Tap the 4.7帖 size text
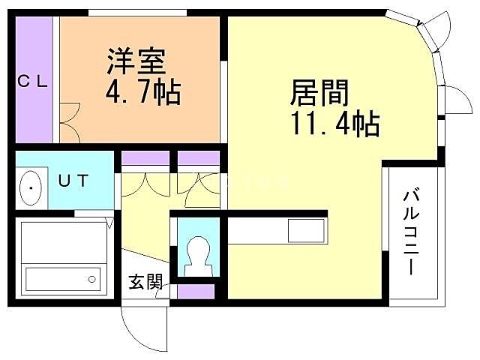click(142, 93)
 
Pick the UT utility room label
click(73, 181)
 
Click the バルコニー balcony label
click(412, 232)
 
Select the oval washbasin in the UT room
click(31, 186)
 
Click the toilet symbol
click(198, 252)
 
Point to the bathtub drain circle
click(91, 279)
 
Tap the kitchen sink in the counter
click(306, 229)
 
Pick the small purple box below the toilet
click(194, 291)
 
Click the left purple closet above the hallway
click(145, 157)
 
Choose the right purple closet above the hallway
click(198, 157)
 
